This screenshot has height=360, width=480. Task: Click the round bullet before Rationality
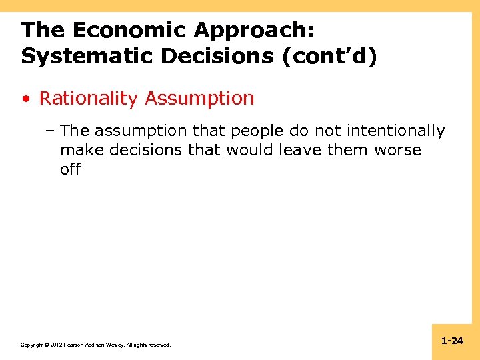[x=25, y=99]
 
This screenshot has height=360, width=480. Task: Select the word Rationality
[x=89, y=98]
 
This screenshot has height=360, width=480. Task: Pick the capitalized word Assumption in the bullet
[x=199, y=98]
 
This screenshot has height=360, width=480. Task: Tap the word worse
[x=397, y=150]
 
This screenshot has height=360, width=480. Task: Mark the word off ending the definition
[x=70, y=169]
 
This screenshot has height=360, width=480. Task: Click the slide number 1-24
[x=452, y=341]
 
